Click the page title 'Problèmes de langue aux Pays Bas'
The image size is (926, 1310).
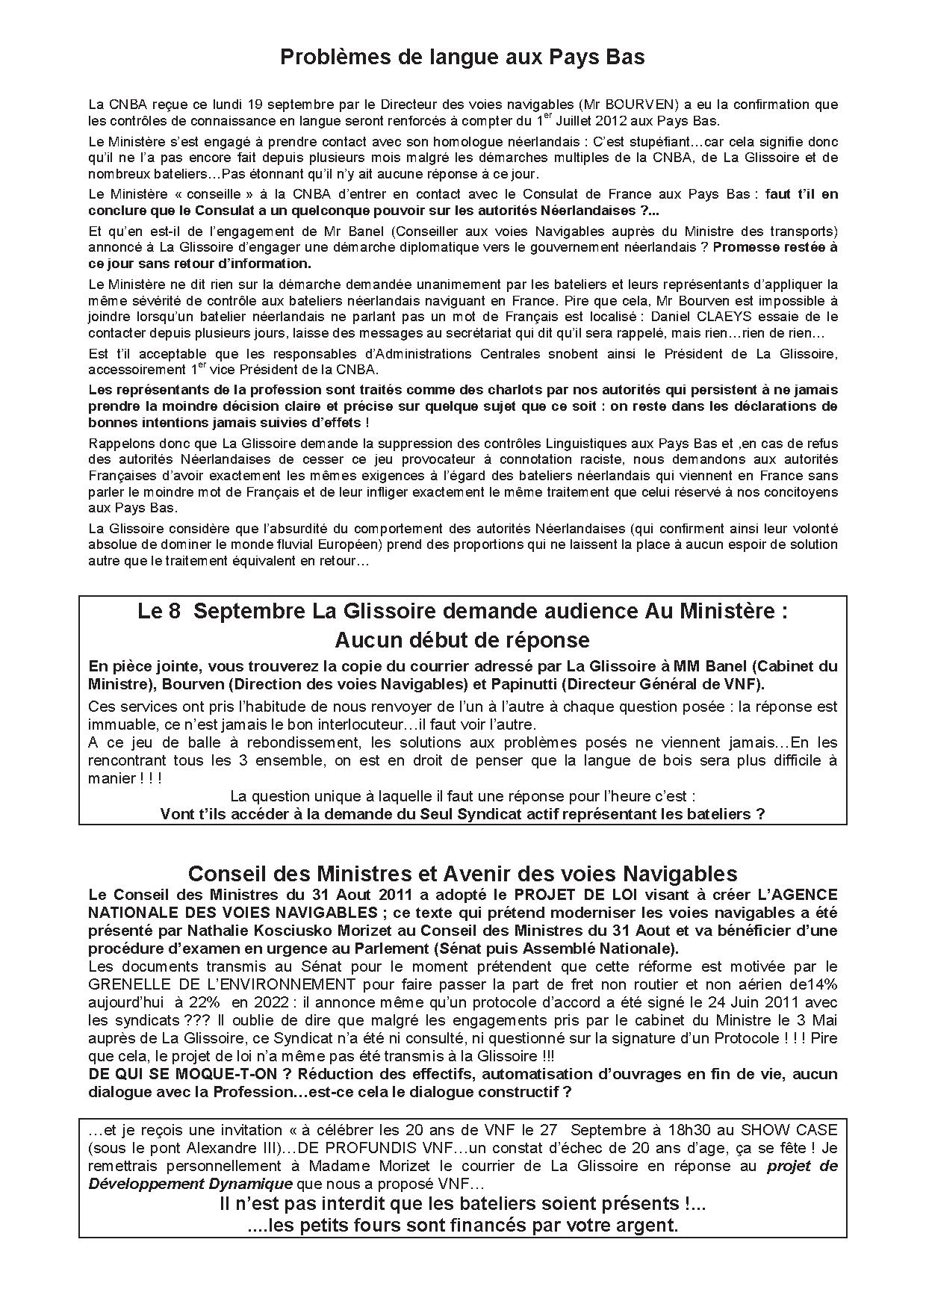(x=462, y=58)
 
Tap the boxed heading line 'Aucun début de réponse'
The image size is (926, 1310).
(x=462, y=640)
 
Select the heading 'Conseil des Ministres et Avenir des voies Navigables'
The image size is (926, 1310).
(x=462, y=873)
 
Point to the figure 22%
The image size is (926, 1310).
(x=204, y=1002)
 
